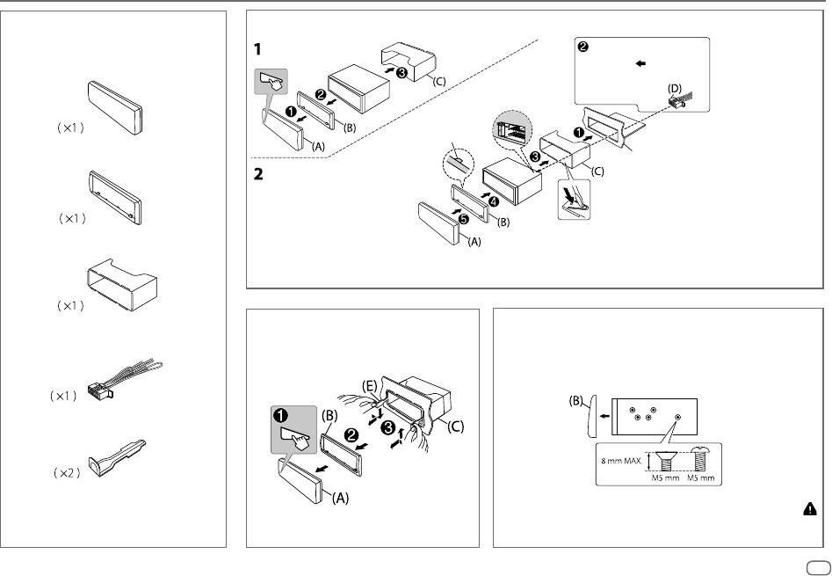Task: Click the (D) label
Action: [x=674, y=88]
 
